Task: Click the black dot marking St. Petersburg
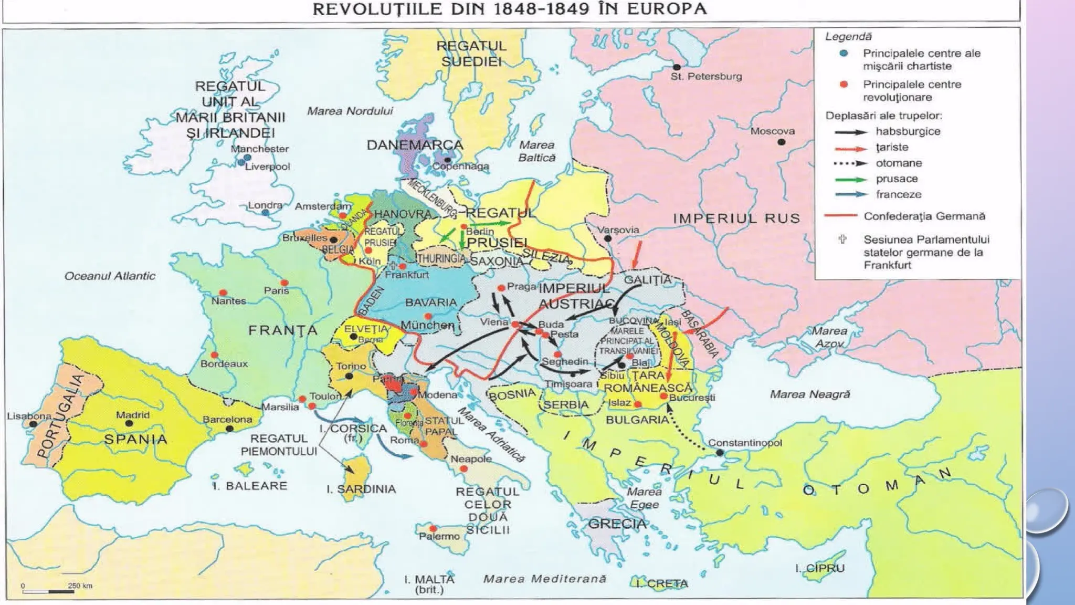click(x=677, y=67)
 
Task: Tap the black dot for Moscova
click(x=781, y=142)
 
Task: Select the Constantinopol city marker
click(x=720, y=452)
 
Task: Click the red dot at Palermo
click(x=433, y=528)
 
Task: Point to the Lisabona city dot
click(x=33, y=424)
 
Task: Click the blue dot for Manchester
click(x=247, y=157)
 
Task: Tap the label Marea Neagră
click(x=809, y=394)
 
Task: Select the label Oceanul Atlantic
click(x=110, y=276)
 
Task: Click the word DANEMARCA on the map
click(x=415, y=145)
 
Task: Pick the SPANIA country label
click(x=135, y=439)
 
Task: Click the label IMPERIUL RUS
click(x=736, y=218)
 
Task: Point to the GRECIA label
click(x=617, y=524)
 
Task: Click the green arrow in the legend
click(x=850, y=179)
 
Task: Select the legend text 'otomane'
click(x=899, y=163)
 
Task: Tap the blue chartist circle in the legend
click(x=844, y=53)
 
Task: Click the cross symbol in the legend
click(x=842, y=239)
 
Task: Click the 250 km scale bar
click(x=48, y=591)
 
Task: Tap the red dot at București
click(x=663, y=396)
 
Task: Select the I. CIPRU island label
click(x=819, y=568)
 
